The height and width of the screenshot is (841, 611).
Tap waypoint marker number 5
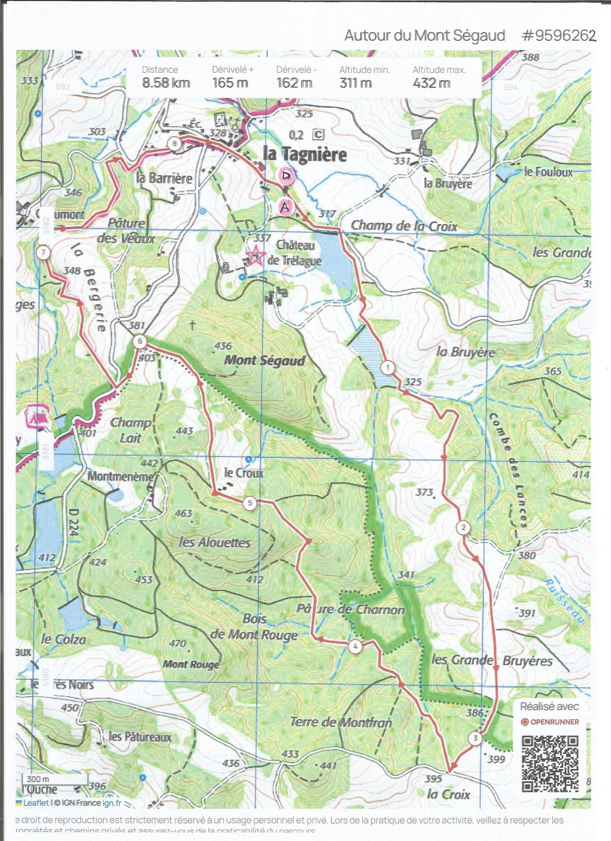(x=250, y=503)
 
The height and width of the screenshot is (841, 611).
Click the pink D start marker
(x=286, y=176)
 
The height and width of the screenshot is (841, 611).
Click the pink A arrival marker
(x=284, y=206)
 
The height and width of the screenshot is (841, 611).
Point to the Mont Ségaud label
(x=264, y=360)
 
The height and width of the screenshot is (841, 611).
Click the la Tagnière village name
(x=305, y=154)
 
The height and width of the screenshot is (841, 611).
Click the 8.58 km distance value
(x=166, y=83)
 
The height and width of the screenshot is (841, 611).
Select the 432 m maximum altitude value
(x=431, y=83)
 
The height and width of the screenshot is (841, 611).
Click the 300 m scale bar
(x=54, y=780)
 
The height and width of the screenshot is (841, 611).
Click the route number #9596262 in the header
(x=558, y=35)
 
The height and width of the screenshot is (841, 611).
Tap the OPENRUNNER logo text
(x=554, y=722)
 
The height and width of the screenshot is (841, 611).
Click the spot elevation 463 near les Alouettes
(x=183, y=513)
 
